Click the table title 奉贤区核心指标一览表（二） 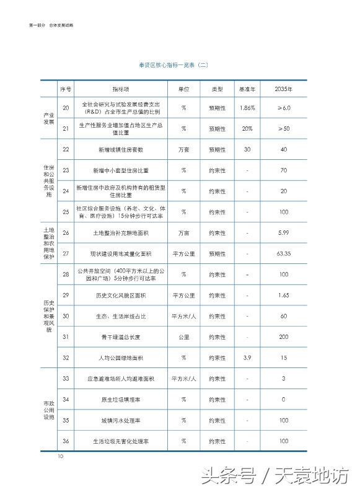[180, 64]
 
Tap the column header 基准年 [247, 89]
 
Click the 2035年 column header [284, 89]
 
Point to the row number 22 [66, 149]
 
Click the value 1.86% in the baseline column [247, 108]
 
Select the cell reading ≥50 [284, 128]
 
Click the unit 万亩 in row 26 [184, 233]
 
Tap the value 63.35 [284, 253]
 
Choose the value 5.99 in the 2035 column [284, 233]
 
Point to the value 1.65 [284, 296]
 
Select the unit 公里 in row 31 [184, 337]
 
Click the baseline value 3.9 [247, 358]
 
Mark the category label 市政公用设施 [48, 410]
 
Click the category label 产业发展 [48, 118]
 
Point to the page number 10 [61, 457]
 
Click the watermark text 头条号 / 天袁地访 [285, 476]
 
